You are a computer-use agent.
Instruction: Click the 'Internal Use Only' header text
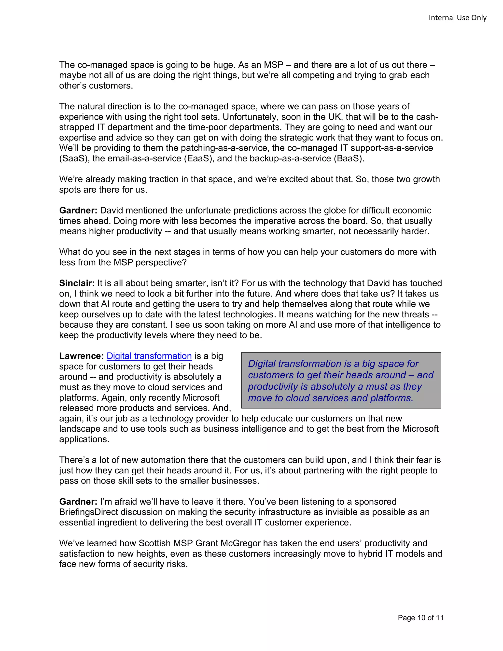pyautogui.click(x=457, y=18)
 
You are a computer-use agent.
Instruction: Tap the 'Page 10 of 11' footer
pyautogui.click(x=420, y=618)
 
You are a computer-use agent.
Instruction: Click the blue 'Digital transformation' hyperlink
pyautogui.click(x=149, y=356)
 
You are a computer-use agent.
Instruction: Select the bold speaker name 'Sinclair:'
pyautogui.click(x=77, y=283)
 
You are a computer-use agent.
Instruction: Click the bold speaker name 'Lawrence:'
pyautogui.click(x=81, y=356)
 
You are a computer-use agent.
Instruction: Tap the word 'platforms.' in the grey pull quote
pyautogui.click(x=391, y=398)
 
